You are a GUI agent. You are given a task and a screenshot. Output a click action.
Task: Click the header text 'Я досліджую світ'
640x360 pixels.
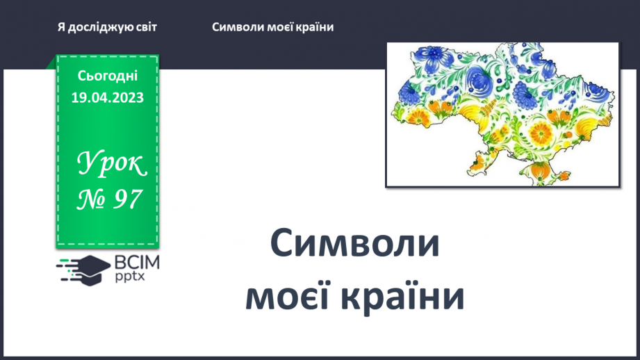click(108, 27)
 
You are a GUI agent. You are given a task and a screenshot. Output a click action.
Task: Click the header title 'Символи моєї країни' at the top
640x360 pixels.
click(273, 27)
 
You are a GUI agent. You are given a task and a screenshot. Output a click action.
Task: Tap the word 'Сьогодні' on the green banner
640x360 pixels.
click(108, 76)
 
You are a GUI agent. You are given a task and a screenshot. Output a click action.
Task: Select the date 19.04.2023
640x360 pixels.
click(108, 97)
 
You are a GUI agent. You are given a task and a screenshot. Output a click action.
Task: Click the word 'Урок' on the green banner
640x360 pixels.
click(111, 164)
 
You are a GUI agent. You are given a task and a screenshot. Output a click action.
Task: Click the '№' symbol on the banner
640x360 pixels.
click(90, 200)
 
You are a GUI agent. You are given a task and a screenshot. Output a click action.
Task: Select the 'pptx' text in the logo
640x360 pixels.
click(128, 277)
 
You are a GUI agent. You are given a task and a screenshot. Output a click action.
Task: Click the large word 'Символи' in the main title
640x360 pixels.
click(354, 245)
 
